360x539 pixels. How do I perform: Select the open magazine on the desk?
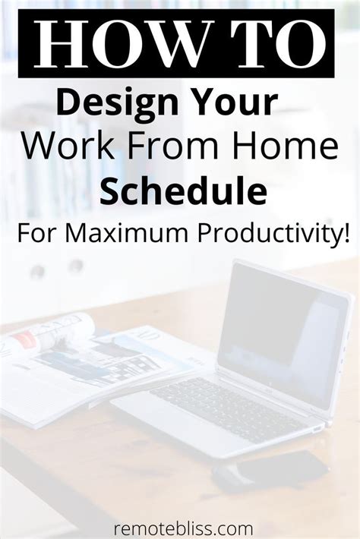click(x=84, y=364)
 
